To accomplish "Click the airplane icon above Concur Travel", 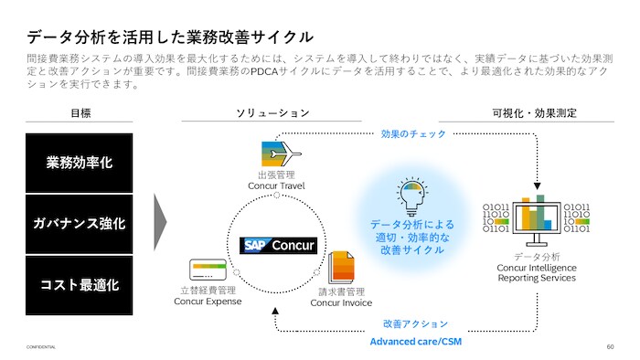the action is tap(282, 154).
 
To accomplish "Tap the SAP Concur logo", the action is tap(278, 246).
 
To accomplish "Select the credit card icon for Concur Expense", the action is tap(208, 270).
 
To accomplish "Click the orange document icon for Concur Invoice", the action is tap(342, 268).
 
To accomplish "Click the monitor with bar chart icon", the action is tap(537, 220).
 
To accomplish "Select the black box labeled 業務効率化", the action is tap(80, 163).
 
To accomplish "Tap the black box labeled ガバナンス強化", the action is tap(80, 224).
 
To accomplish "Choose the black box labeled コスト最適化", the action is tap(80, 285).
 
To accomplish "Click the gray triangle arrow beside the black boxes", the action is tap(160, 222).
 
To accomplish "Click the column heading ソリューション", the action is tap(272, 113).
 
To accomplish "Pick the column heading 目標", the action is tap(80, 113).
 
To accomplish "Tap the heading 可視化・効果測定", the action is tap(534, 113).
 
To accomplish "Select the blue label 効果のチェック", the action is tap(413, 133).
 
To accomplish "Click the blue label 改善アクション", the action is tap(415, 323).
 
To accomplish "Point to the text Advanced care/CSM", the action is tap(415, 342).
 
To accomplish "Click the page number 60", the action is tap(610, 346).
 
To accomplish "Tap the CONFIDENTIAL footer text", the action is tap(41, 347).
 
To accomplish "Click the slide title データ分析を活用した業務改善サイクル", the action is tap(170, 37).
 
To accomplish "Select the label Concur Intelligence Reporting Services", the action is tap(537, 273).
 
